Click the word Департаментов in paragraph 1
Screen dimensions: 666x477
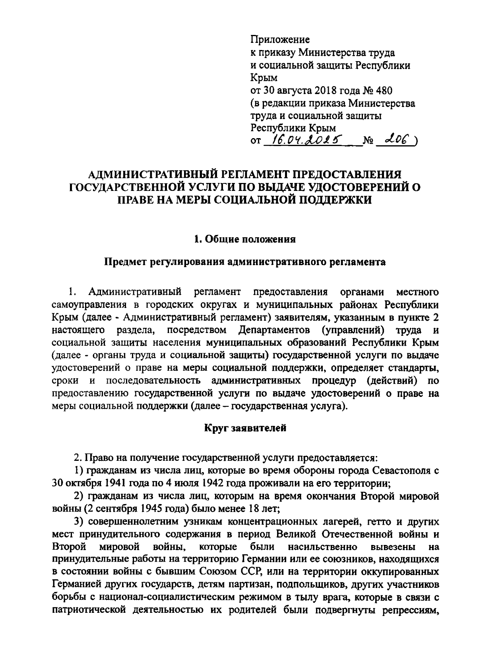[x=273, y=330]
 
